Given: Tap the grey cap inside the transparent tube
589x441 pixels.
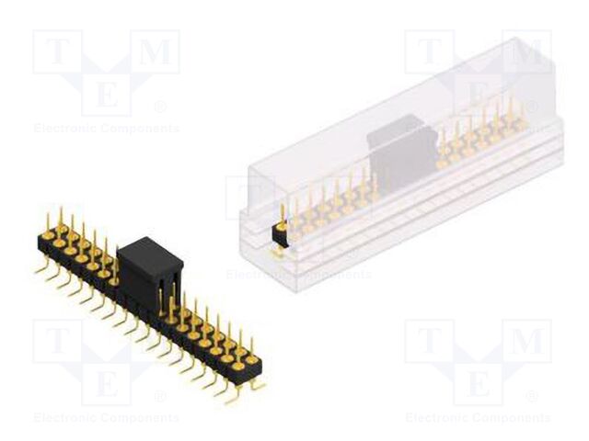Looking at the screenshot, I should [401, 152].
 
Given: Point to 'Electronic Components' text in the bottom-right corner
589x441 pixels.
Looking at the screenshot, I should [478, 418].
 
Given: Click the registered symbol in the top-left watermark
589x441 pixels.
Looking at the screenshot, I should [160, 107].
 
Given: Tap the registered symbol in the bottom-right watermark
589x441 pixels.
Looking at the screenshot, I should [532, 397].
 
